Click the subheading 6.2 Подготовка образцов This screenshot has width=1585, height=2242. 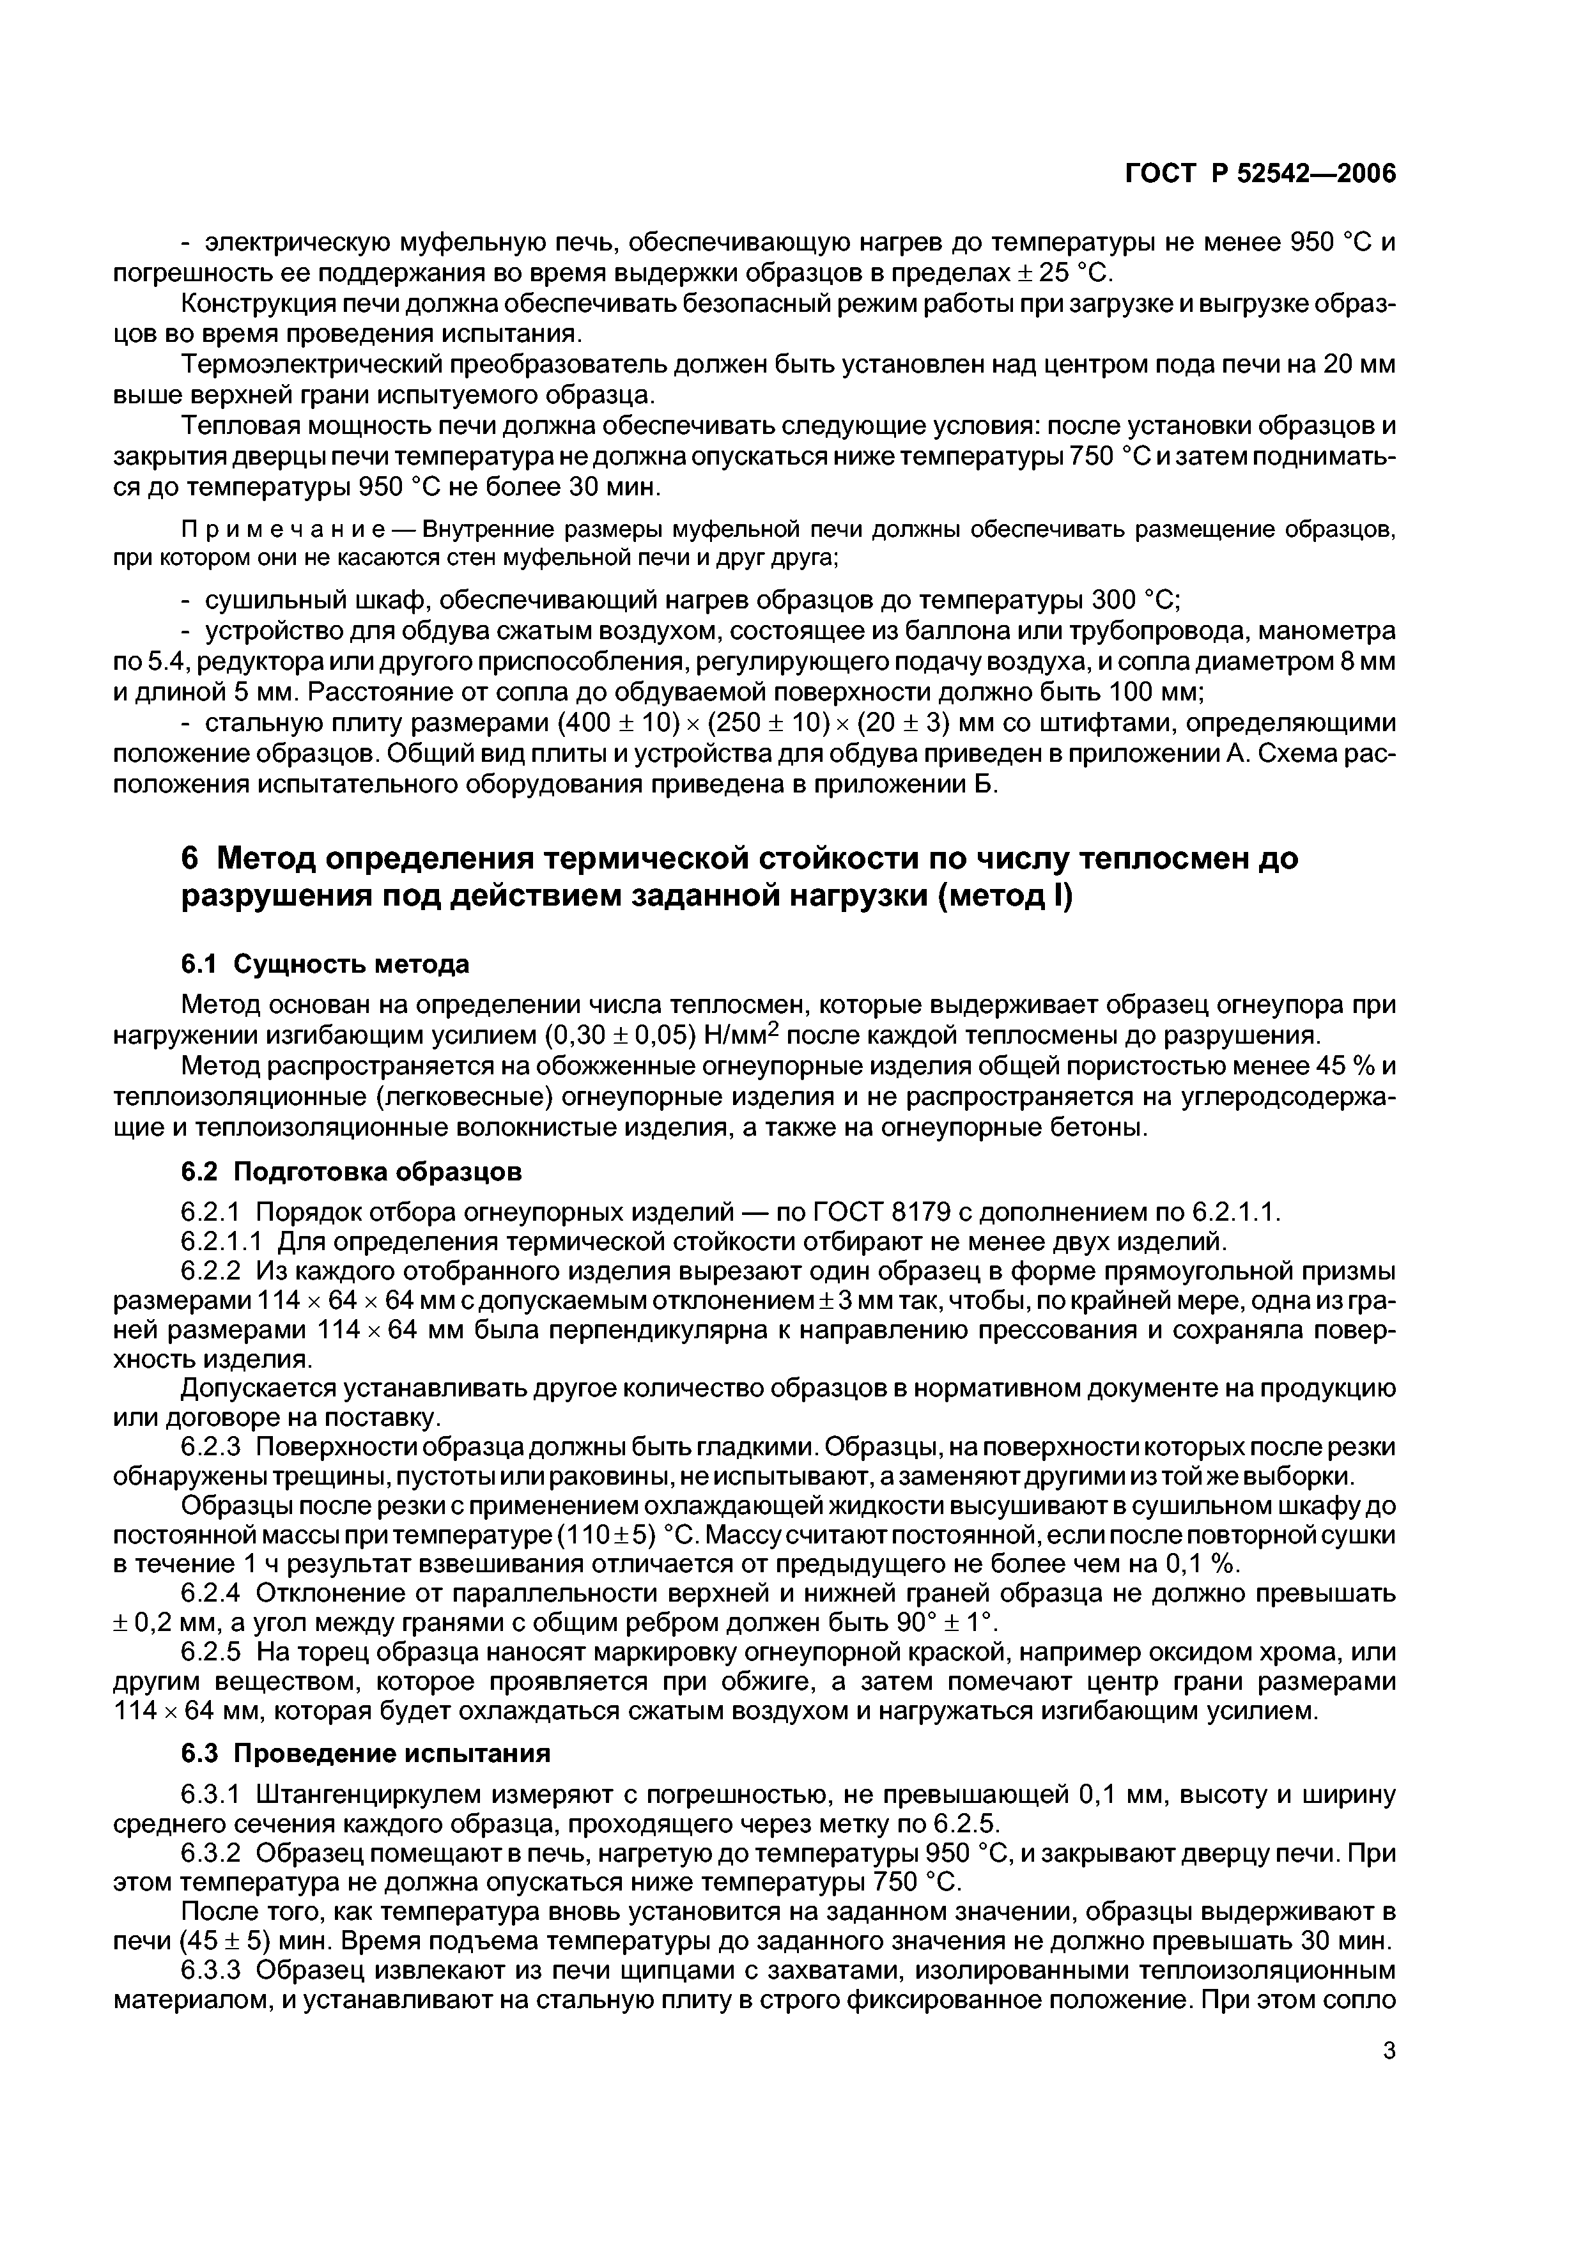pos(352,1171)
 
